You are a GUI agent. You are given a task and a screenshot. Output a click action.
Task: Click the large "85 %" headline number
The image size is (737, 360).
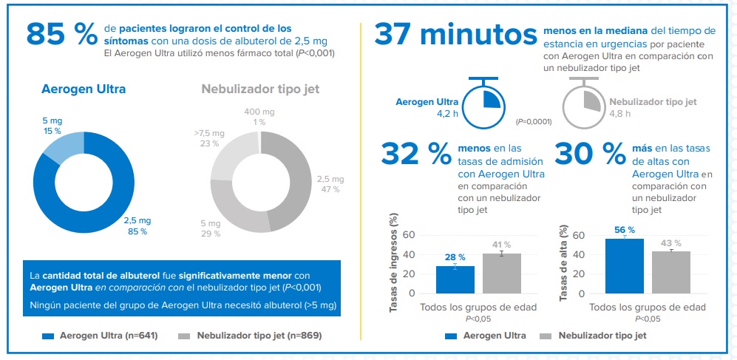[x=62, y=34]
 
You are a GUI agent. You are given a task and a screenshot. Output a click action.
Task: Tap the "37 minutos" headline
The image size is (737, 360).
[x=455, y=34]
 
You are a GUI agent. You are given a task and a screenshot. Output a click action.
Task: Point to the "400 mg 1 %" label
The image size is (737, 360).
[x=259, y=117]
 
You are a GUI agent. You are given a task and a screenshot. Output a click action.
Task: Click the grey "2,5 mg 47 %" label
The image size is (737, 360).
[x=330, y=184]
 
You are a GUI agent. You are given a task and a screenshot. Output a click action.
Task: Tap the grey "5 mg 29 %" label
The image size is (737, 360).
[x=211, y=228]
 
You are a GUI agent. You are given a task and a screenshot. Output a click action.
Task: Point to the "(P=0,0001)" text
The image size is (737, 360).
[x=534, y=120]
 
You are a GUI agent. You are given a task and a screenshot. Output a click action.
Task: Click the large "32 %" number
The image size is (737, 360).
[x=416, y=154]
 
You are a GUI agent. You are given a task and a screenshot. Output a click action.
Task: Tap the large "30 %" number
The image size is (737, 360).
[x=590, y=154]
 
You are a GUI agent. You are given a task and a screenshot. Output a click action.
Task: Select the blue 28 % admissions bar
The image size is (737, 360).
[x=455, y=279]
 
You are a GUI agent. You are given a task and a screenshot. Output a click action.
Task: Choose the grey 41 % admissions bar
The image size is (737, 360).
[x=502, y=274]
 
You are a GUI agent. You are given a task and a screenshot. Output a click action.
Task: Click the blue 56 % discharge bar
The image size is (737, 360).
[x=624, y=266]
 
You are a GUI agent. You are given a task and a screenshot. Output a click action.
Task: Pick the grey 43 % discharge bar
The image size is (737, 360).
[x=671, y=273]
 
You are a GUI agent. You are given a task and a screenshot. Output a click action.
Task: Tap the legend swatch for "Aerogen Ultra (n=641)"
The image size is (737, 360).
[x=48, y=336]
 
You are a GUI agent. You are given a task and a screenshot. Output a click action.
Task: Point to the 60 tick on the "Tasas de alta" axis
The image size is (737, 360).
[x=578, y=236]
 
